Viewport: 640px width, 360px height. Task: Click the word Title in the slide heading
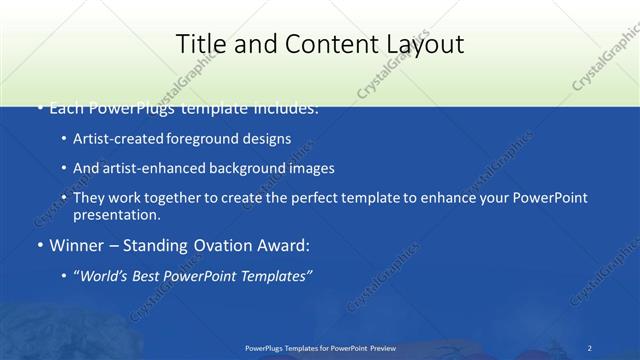200,44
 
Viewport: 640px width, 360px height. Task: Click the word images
313,168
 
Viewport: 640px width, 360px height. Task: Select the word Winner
76,245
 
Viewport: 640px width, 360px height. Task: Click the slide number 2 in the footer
590,347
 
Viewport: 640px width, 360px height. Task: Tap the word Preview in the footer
382,347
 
